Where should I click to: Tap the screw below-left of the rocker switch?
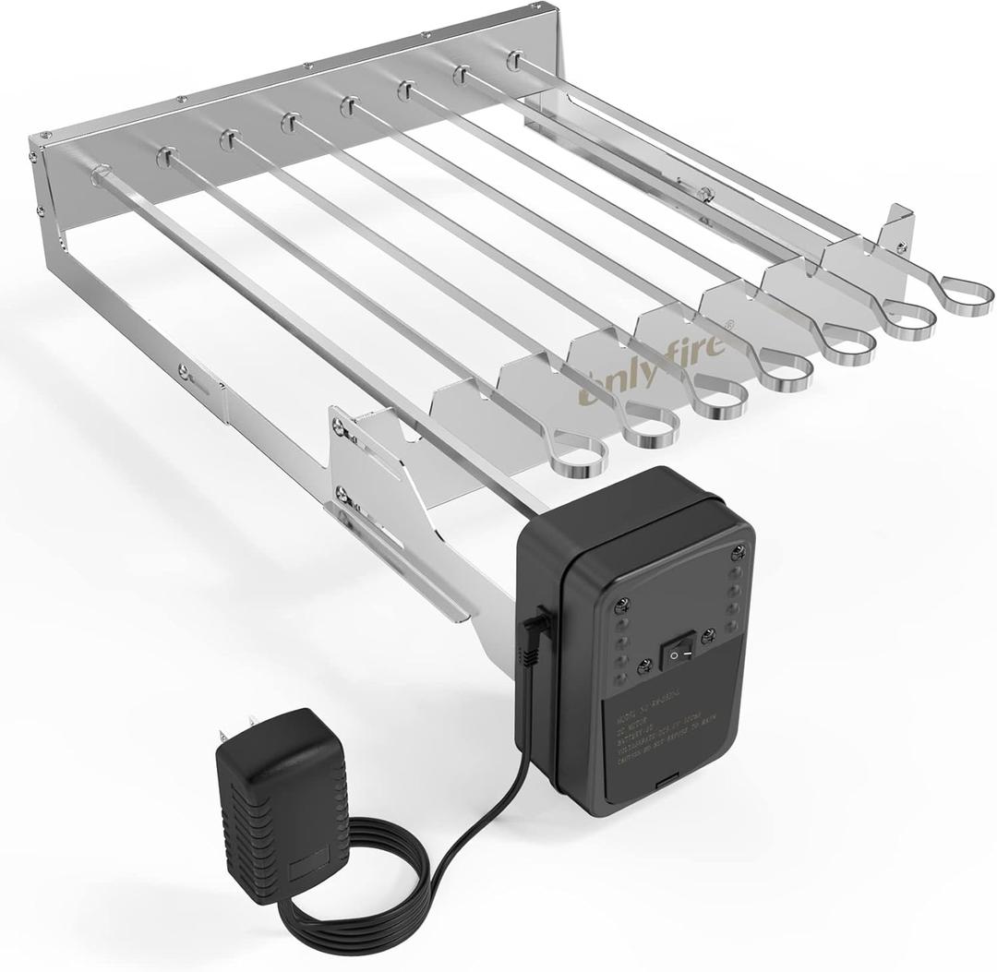pyautogui.click(x=644, y=661)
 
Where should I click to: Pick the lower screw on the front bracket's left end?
pyautogui.click(x=343, y=494)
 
